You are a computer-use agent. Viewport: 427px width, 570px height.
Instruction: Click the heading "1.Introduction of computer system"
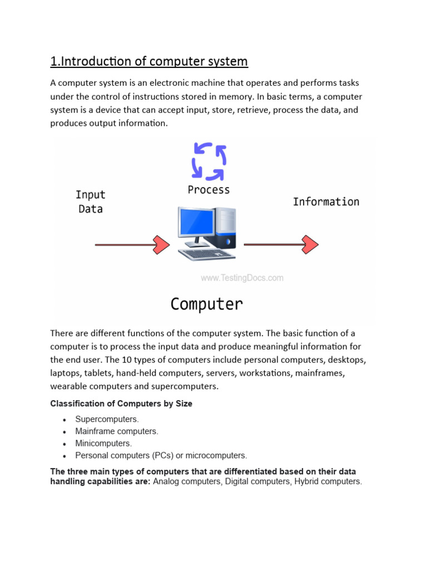coord(149,61)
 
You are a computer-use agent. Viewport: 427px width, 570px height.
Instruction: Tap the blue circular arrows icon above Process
coord(208,161)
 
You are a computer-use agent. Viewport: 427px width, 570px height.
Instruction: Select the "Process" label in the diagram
coord(208,190)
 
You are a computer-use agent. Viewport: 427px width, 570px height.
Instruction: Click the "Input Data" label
coord(91,202)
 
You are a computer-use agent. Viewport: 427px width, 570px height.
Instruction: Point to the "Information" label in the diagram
coord(326,202)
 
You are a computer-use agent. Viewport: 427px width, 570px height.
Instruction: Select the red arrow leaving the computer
coord(281,244)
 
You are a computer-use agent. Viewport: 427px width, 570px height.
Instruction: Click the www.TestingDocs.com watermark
coord(242,278)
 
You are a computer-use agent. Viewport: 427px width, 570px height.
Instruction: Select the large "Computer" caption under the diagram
coord(206,304)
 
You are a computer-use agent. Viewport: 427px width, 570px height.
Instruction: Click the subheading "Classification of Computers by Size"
coord(121,404)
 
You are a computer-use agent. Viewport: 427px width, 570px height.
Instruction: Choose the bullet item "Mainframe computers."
coord(117,431)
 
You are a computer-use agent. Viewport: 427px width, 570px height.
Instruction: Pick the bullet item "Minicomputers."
coord(103,444)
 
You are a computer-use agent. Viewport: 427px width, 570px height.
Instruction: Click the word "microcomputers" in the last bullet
coord(219,455)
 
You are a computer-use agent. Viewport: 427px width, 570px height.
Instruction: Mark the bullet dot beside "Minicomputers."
coord(65,444)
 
